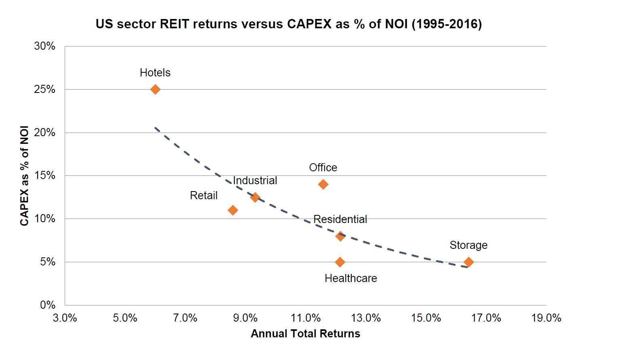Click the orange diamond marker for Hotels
[155, 89]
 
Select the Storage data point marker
[468, 262]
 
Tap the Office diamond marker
[323, 185]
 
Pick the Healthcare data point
[340, 262]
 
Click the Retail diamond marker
[233, 210]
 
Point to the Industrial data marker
[255, 198]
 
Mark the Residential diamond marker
[340, 236]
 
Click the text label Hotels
[155, 73]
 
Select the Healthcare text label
[350, 278]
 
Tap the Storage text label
[468, 245]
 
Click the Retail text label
[204, 196]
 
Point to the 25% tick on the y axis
[45, 89]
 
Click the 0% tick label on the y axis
[48, 305]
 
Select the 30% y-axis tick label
[45, 46]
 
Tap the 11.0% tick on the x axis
[306, 318]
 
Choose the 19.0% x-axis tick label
[546, 318]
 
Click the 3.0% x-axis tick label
[65, 318]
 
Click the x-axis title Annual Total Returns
[305, 334]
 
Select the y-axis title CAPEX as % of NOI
[25, 176]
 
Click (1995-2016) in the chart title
[447, 24]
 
